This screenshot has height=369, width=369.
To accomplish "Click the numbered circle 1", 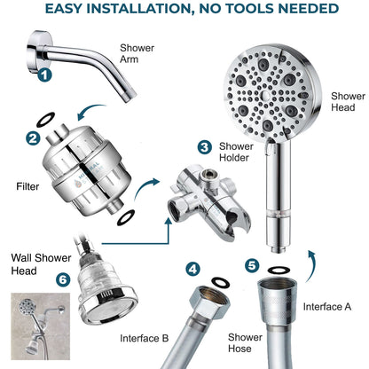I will tap(44, 77).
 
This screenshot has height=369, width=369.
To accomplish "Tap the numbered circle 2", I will tap(32, 138).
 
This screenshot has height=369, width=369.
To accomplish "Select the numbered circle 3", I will tap(203, 146).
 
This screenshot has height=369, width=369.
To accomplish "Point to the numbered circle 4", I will tap(192, 267).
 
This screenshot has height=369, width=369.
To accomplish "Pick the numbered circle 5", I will tap(251, 263).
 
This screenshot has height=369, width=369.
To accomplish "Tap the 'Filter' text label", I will tap(27, 187).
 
